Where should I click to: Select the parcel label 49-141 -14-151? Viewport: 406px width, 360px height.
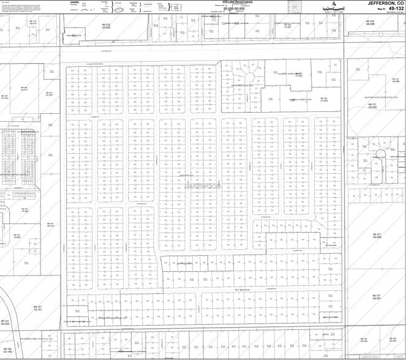tap(37, 308)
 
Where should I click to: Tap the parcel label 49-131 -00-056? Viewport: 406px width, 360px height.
tap(377, 235)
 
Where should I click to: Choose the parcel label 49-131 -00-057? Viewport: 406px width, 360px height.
tap(377, 296)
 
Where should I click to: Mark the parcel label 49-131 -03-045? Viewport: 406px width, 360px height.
tap(372, 105)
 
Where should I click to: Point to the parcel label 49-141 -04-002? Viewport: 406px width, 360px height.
tap(6, 322)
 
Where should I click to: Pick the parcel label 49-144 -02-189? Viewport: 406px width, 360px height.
tap(7, 351)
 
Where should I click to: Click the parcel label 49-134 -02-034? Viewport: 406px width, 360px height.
tap(364, 340)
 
